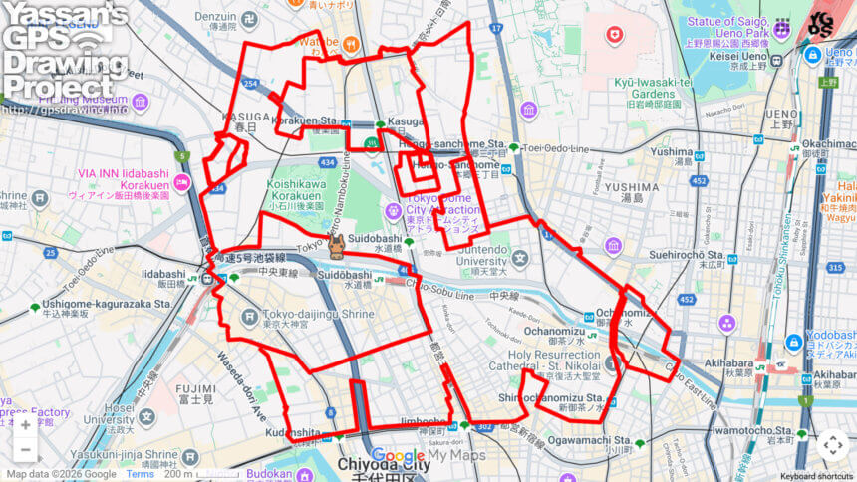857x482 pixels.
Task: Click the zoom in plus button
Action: coord(24,425)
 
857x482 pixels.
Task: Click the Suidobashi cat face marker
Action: coord(337,246)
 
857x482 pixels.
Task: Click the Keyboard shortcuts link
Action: coord(816,475)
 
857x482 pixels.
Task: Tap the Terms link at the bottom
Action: coord(140,475)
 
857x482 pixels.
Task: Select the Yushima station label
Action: coord(672,152)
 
